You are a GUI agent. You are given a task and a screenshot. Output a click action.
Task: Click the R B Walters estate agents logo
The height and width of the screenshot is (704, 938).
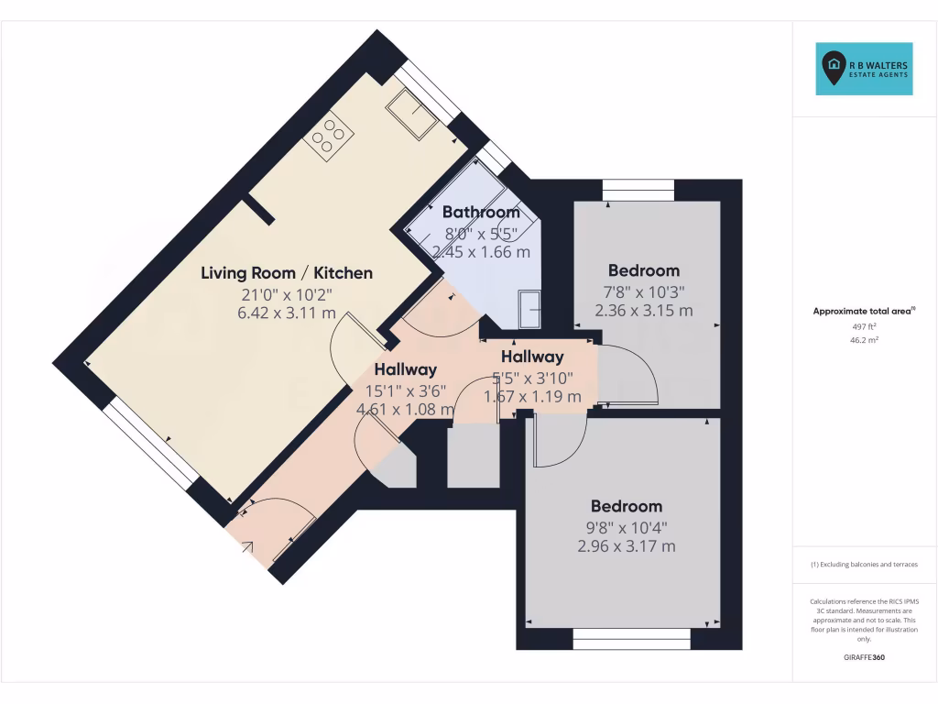click(864, 69)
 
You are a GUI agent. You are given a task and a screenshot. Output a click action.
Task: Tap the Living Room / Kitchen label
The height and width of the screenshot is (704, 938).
click(287, 272)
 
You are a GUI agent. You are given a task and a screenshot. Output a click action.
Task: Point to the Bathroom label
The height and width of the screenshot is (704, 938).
click(481, 213)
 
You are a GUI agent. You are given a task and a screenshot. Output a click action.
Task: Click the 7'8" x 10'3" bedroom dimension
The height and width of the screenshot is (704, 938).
click(643, 291)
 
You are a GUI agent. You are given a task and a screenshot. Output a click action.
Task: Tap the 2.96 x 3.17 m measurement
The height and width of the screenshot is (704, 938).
click(627, 546)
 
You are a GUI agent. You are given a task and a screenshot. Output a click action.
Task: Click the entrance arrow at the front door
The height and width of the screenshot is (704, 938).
click(248, 547)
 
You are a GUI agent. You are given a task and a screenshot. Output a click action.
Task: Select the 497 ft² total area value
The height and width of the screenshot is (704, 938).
click(864, 326)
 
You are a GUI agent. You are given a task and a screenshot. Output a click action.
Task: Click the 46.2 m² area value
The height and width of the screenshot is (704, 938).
click(864, 339)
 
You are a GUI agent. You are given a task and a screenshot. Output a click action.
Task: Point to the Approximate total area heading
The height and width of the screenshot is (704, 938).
click(864, 312)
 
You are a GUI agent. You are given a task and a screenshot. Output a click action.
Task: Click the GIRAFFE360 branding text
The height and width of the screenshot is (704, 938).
click(864, 657)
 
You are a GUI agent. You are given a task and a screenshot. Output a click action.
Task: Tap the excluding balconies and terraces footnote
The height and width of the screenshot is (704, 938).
click(864, 565)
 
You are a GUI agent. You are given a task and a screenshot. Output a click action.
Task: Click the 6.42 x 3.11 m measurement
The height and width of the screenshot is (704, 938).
click(286, 313)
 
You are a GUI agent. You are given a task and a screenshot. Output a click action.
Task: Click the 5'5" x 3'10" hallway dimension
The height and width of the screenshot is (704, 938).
click(532, 377)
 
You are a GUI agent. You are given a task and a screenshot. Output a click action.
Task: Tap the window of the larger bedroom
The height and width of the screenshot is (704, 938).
click(631, 638)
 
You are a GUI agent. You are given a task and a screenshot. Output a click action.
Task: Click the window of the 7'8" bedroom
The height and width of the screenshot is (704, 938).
click(638, 190)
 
